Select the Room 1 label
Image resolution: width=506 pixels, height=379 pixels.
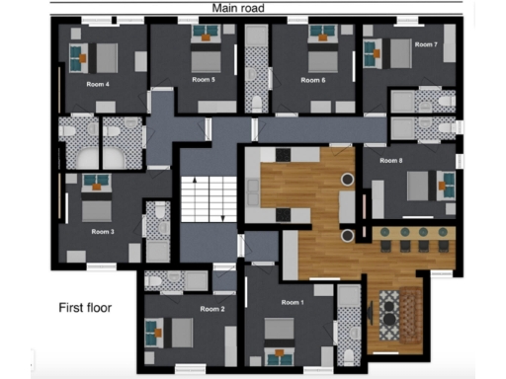[x=292, y=302]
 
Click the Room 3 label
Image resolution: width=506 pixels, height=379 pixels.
[x=103, y=231]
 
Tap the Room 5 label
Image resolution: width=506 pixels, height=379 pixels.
[x=204, y=79]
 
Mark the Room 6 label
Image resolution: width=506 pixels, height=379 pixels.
[x=313, y=79]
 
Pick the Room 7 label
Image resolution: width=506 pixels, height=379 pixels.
[x=425, y=44]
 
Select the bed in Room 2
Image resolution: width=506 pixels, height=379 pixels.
[x=182, y=333]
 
